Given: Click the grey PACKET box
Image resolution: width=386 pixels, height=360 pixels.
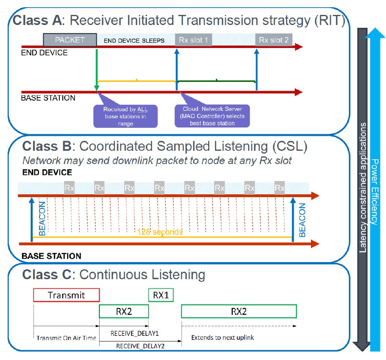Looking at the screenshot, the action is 70,40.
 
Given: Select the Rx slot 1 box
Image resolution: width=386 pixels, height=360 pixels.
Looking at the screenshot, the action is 194,40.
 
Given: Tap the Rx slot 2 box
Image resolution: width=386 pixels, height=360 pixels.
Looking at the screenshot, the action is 274,40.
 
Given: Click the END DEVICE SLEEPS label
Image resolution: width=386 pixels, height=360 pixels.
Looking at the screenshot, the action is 134,41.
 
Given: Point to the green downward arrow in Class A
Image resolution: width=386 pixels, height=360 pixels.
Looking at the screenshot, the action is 97,70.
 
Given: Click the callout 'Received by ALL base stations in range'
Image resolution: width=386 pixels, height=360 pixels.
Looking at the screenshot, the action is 125,116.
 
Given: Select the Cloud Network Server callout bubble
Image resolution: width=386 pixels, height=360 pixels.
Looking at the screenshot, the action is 212,116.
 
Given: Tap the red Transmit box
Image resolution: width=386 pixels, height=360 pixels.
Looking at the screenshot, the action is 67,295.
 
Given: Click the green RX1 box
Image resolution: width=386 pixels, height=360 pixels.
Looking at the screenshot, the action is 161,295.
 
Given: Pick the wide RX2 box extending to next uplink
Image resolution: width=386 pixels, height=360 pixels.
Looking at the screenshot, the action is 239,312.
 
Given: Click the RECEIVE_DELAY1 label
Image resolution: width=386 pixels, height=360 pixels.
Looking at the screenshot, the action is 135,333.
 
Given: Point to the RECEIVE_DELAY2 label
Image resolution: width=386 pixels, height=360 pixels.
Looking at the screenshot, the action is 140,346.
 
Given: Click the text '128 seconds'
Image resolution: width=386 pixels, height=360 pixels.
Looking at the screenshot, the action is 160,232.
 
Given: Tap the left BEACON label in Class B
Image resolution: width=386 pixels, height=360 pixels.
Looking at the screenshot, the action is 42,218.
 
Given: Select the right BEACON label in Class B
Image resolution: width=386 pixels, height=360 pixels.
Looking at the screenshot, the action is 302,220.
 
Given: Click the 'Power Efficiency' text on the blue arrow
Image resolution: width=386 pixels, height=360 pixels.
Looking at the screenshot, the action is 375,192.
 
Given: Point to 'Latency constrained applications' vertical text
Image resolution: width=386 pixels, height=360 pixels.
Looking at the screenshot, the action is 363,187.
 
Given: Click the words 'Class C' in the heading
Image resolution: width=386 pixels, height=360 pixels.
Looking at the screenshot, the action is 47,275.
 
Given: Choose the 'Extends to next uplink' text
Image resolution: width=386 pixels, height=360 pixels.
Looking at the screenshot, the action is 223,337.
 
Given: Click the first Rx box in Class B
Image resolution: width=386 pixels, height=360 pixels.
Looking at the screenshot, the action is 69,188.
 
